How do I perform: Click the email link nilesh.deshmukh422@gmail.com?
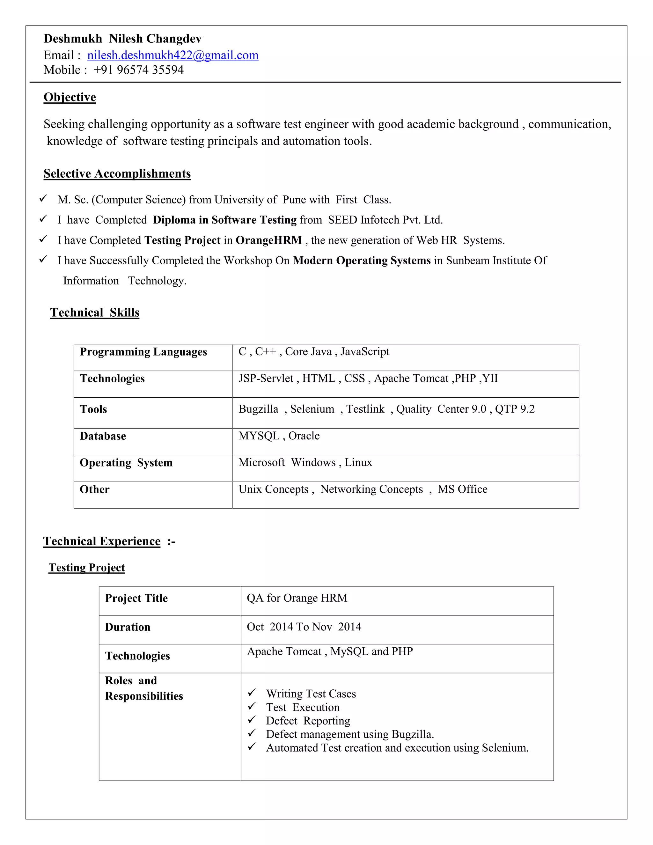[x=172, y=55]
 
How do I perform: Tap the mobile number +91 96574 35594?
[x=138, y=70]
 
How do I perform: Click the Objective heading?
[x=70, y=97]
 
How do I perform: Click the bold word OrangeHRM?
[x=268, y=240]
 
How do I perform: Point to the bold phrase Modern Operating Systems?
[x=361, y=261]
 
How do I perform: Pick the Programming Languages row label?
[x=143, y=352]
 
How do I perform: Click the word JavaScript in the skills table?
[x=364, y=352]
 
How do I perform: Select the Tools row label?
[x=93, y=409]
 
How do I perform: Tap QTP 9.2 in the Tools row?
[x=515, y=409]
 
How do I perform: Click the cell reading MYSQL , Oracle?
[x=279, y=436]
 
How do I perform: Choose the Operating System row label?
[x=126, y=463]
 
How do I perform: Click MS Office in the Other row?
[x=462, y=489]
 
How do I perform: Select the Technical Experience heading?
[x=102, y=541]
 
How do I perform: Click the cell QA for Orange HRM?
[x=297, y=598]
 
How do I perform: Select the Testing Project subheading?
[x=87, y=568]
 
